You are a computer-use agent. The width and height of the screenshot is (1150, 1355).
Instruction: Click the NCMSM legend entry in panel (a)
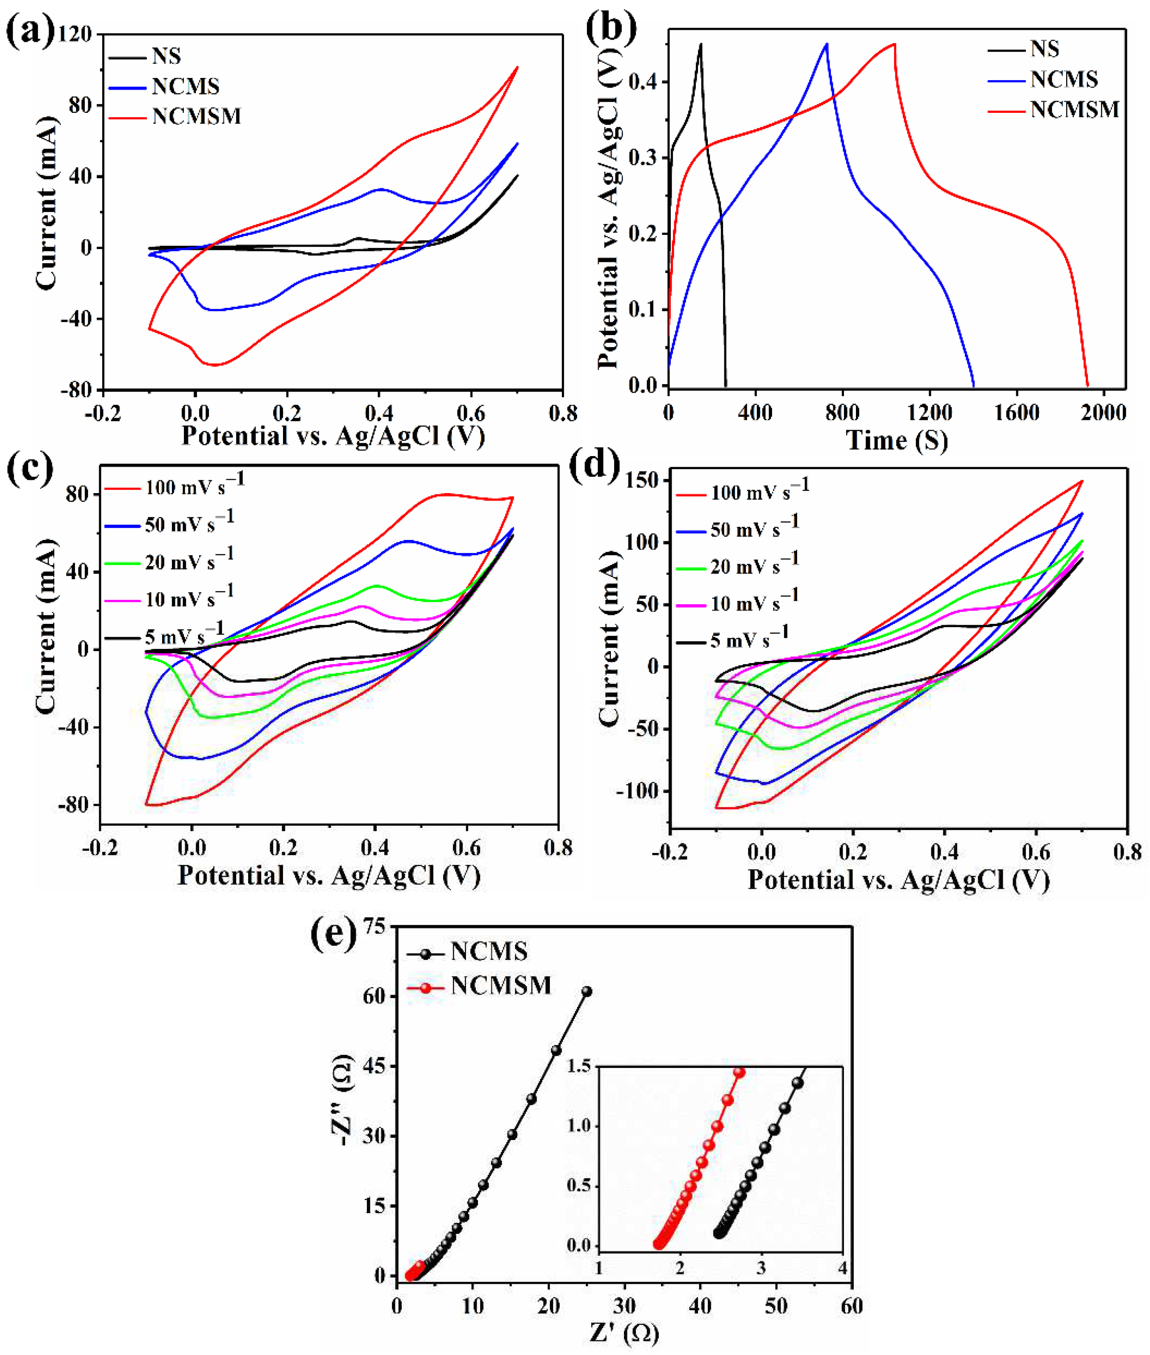[x=196, y=116]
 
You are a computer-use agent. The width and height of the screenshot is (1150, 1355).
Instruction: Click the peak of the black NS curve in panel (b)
[x=701, y=44]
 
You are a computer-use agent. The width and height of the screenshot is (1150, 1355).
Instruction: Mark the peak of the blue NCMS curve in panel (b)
[x=827, y=44]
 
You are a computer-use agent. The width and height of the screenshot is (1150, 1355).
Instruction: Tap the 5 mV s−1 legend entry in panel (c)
[x=184, y=634]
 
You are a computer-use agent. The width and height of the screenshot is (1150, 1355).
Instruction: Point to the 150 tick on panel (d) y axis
[x=642, y=481]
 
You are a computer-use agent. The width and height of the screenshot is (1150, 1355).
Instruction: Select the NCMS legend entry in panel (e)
[x=489, y=952]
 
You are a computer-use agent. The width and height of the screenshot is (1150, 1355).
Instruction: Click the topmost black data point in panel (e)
[x=587, y=992]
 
